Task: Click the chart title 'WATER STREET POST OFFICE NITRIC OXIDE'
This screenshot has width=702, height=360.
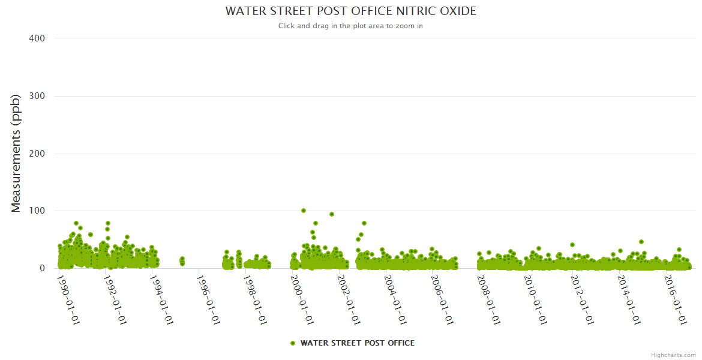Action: pos(350,11)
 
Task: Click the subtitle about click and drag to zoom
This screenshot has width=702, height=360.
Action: pos(350,26)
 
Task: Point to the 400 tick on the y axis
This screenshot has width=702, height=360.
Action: pos(37,38)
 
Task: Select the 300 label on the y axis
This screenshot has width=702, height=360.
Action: pos(37,96)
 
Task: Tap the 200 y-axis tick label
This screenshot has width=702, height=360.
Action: pos(37,154)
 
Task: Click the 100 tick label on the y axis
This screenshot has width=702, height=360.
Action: pos(37,211)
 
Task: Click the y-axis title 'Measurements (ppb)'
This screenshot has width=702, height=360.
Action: pos(16,153)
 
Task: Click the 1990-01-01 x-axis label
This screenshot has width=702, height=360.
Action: pos(68,299)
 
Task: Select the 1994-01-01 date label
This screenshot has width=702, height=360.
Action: pos(162,299)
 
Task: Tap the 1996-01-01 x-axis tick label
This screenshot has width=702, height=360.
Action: pos(209,299)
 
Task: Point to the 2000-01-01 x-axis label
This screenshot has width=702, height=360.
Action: pos(302,299)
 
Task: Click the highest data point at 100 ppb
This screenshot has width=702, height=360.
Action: pos(304,211)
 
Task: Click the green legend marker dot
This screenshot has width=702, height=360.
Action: pos(293,343)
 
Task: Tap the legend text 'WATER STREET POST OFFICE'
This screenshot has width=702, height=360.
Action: pos(357,343)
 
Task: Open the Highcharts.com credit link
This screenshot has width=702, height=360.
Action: pos(673,355)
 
